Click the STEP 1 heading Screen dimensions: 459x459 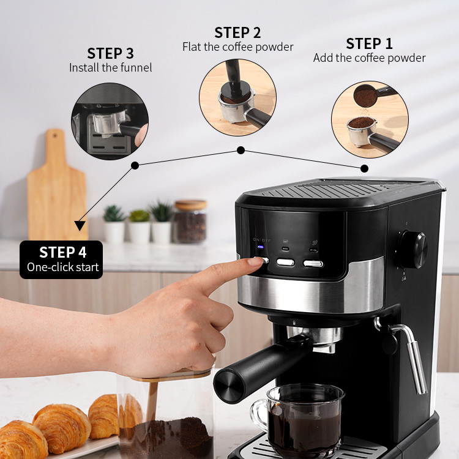pyautogui.click(x=369, y=44)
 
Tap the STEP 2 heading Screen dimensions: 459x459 pyautogui.click(x=237, y=33)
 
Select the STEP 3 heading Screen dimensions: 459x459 pyautogui.click(x=110, y=54)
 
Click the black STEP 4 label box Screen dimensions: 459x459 pyautogui.click(x=61, y=259)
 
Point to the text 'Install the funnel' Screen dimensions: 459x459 pyautogui.click(x=111, y=67)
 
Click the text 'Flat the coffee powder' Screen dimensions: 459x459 pyautogui.click(x=237, y=47)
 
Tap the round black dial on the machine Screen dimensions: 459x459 pyautogui.click(x=413, y=250)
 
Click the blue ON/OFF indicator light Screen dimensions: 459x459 pyautogui.click(x=261, y=247)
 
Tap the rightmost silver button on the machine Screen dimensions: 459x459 pyautogui.click(x=313, y=264)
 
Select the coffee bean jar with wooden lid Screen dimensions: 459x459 pyautogui.click(x=190, y=222)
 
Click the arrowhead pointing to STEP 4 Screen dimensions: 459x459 pyautogui.click(x=80, y=225)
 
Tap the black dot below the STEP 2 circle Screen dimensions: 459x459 pyautogui.click(x=241, y=151)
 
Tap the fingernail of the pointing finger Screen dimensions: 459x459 pyautogui.click(x=256, y=261)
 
